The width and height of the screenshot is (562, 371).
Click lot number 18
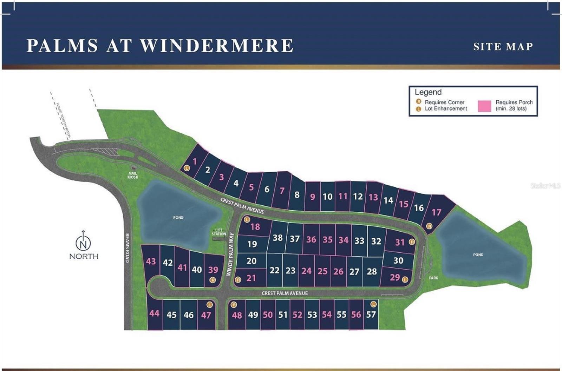tap(255, 227)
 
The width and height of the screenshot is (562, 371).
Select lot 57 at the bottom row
tap(371, 314)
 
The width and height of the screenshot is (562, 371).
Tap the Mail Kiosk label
tap(133, 175)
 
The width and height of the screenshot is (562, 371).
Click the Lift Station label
tap(219, 232)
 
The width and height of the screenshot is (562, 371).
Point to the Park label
tap(433, 278)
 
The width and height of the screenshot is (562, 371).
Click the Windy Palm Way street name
tap(231, 254)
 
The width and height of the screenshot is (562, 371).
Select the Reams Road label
tap(127, 248)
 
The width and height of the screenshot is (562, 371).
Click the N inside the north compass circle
tap(83, 243)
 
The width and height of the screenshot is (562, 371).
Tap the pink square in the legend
tap(484, 106)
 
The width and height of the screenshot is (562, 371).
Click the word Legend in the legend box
tap(428, 92)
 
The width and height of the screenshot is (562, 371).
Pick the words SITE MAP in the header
tap(503, 47)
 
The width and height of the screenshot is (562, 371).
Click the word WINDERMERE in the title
tap(217, 46)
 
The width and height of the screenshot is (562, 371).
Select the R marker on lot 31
tap(412, 242)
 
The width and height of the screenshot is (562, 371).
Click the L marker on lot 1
tap(187, 168)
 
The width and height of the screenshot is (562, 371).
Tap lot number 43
tap(151, 261)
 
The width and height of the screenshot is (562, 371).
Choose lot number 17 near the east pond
tap(436, 212)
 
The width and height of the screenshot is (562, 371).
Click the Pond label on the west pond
tap(178, 218)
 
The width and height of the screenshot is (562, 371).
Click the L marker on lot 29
tap(405, 279)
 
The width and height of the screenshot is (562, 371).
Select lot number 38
tap(277, 238)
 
